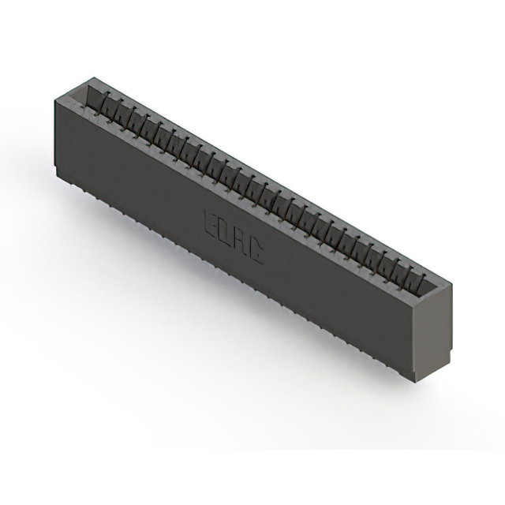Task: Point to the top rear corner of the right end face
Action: (x=452, y=282)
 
